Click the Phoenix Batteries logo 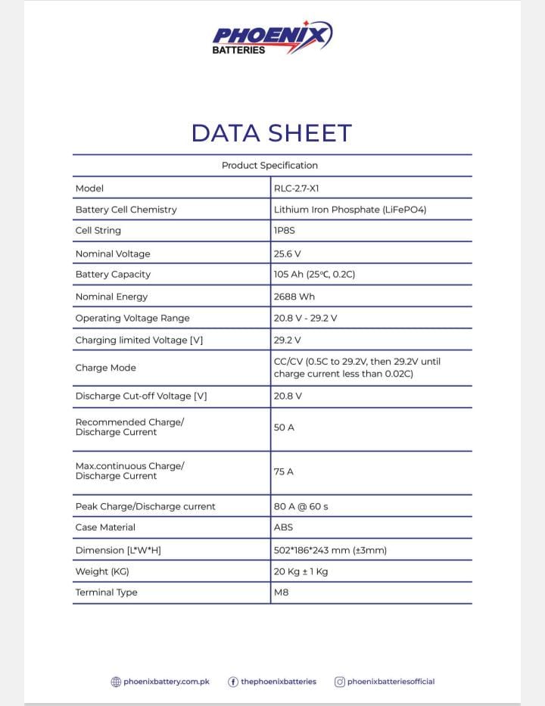click(x=272, y=38)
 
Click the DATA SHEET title click(x=272, y=133)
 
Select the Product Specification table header click(x=269, y=165)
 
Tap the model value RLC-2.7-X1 click(x=291, y=188)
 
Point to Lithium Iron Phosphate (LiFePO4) click(x=350, y=210)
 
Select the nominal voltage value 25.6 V click(x=287, y=254)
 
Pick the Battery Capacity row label click(x=113, y=275)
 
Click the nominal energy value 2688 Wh click(x=294, y=297)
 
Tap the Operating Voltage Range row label click(x=132, y=319)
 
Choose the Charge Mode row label click(x=106, y=368)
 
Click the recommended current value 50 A click(x=284, y=428)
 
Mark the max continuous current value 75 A click(x=284, y=471)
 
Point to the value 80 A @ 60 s click(x=301, y=506)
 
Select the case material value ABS click(x=283, y=527)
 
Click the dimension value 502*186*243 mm click(x=330, y=550)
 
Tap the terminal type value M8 click(x=281, y=592)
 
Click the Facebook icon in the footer click(x=233, y=682)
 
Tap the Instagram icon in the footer click(x=340, y=682)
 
